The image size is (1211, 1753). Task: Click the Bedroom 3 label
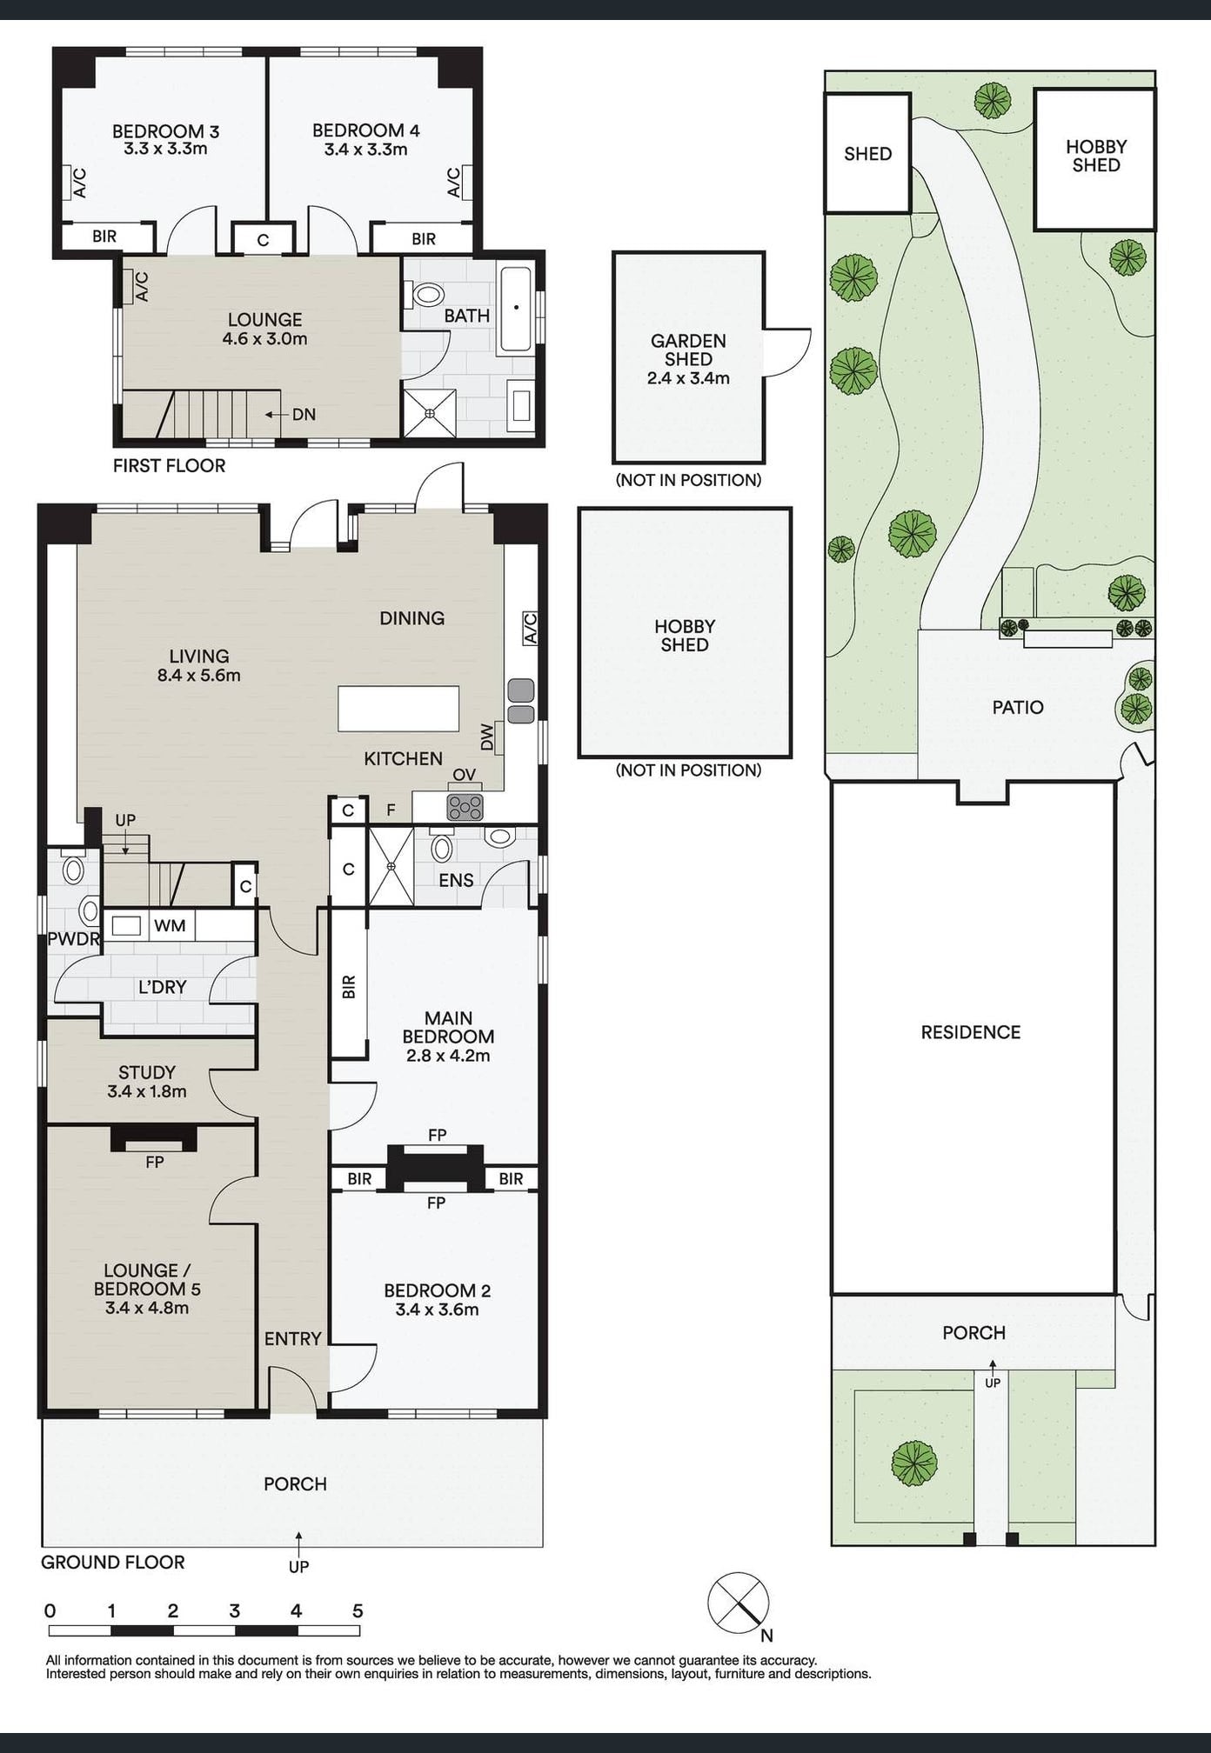click(165, 132)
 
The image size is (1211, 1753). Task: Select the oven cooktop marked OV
click(465, 807)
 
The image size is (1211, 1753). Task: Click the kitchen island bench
click(398, 709)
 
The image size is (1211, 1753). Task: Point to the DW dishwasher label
click(487, 738)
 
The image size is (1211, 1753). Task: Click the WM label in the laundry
click(170, 925)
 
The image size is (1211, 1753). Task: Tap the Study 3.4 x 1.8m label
click(147, 1082)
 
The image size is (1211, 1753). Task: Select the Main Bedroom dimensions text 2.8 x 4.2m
click(448, 1056)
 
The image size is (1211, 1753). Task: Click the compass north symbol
click(739, 1603)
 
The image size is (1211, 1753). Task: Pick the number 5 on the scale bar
click(358, 1610)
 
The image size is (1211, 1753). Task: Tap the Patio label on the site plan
click(1017, 707)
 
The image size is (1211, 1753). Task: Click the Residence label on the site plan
click(970, 1032)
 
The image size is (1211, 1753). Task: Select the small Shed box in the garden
click(867, 154)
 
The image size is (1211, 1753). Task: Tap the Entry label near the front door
click(293, 1338)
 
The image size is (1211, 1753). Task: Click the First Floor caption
click(169, 466)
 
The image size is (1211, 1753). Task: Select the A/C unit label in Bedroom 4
click(454, 183)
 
